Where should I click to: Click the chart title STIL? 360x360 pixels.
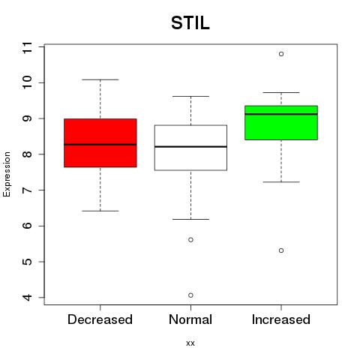pos(190,23)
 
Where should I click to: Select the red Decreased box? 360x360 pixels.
pos(100,142)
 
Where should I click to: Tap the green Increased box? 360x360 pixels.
pos(281,123)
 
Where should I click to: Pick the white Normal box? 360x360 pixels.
pos(190,148)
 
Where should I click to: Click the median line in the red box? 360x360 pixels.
pos(100,145)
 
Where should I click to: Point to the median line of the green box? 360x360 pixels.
pos(281,114)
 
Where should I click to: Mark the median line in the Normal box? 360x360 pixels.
pos(190,146)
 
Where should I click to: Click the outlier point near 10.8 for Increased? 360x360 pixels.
pos(281,54)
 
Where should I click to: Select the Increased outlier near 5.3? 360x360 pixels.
pos(281,250)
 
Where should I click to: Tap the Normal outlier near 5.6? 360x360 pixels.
pos(190,240)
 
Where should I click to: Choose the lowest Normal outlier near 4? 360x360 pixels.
pos(190,295)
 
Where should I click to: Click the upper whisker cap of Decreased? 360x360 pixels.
pos(100,79)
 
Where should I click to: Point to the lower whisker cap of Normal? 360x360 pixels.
pos(190,219)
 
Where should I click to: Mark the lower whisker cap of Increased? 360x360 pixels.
pos(281,182)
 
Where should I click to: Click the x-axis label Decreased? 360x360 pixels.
pos(100,319)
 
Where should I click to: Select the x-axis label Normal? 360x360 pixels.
pos(190,319)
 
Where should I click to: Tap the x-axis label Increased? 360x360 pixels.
pos(281,319)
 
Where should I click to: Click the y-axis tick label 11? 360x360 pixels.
pos(27,47)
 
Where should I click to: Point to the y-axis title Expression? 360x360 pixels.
pos(7,174)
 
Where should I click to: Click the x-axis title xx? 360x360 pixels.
pos(190,343)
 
